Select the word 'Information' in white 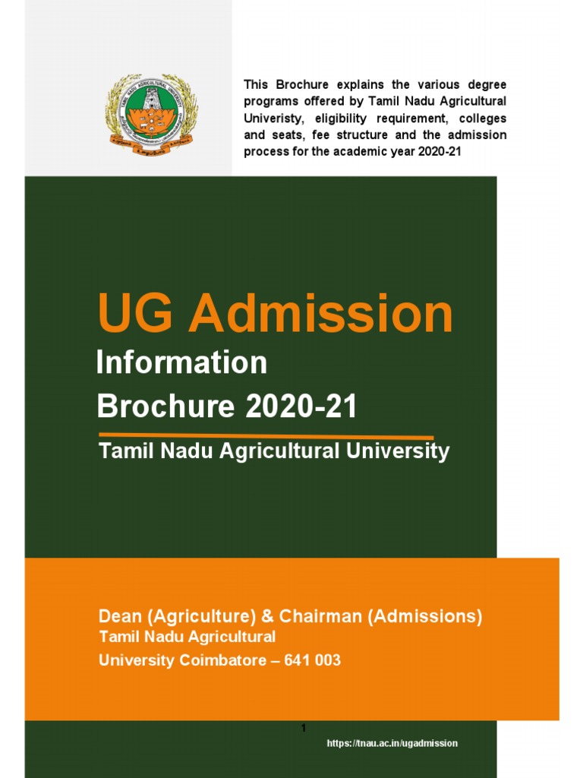coord(181,363)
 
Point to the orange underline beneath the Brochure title coord(266,437)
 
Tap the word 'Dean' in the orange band coord(119,616)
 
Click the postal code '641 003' coord(312,660)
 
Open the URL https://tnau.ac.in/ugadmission coord(392,743)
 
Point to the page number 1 coord(304,729)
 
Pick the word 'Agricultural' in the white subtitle coord(280,451)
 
